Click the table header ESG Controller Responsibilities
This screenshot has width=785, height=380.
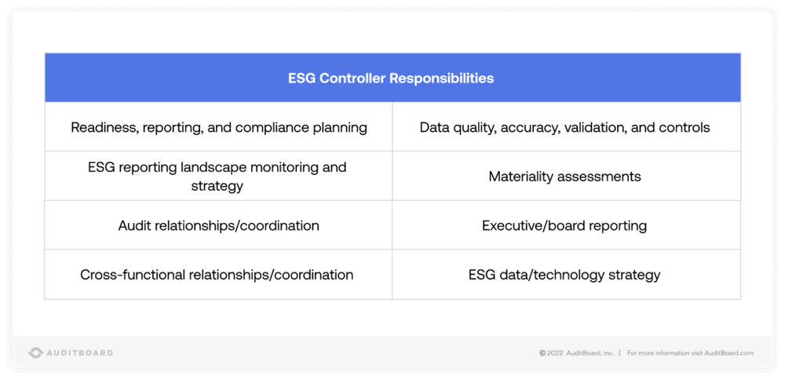391,79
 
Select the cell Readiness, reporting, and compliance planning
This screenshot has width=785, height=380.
219,127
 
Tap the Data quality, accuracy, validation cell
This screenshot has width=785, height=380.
564,127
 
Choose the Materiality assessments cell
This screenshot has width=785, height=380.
564,177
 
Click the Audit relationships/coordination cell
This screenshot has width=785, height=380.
218,226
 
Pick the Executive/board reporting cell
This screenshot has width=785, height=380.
564,226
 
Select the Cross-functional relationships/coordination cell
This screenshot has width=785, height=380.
217,275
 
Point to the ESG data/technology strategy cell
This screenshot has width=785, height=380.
564,275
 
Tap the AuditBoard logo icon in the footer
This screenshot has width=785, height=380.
35,353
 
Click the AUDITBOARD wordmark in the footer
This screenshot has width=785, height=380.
79,353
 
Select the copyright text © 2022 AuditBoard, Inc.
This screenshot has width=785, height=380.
576,353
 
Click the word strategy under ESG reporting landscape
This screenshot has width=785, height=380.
217,186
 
